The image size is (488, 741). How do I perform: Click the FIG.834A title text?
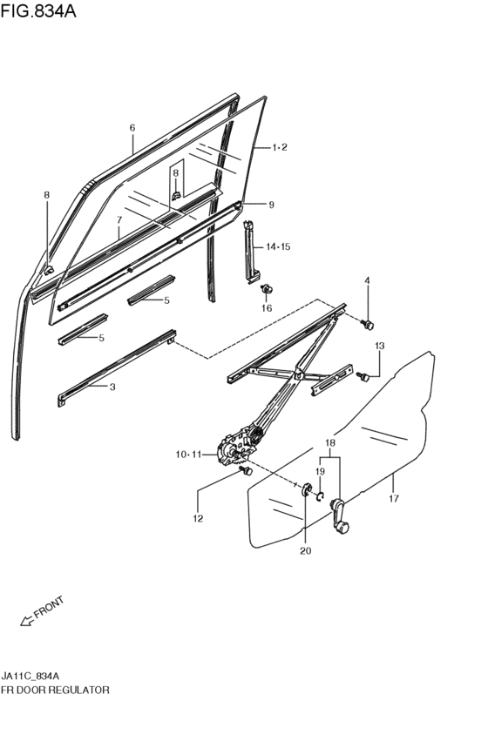pos(38,10)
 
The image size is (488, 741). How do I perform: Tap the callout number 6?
pos(132,128)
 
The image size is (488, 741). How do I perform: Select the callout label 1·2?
pos(280,147)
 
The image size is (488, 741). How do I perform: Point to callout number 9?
pos(271,205)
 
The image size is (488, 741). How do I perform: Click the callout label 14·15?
pos(278,246)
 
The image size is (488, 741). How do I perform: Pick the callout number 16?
pos(267,308)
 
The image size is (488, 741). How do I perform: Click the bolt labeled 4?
pos(368,324)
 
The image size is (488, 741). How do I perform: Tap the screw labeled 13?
pos(364,377)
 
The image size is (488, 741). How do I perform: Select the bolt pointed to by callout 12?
pos(246,471)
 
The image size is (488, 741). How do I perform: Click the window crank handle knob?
pos(342,528)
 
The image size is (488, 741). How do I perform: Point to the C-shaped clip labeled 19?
pos(320,496)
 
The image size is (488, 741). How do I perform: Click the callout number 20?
pos(306,550)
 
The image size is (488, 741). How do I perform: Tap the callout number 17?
pos(394,498)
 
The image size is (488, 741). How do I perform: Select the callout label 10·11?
pos(189,455)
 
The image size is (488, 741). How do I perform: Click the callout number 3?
pos(112,387)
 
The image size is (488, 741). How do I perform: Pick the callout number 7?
pos(119,219)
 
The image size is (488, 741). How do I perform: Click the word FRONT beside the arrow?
pos(49,607)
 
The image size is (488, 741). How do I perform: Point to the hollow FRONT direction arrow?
pos(26,622)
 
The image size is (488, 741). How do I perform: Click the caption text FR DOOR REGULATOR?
pos(55,690)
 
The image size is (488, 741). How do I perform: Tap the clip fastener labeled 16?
pos(268,288)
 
